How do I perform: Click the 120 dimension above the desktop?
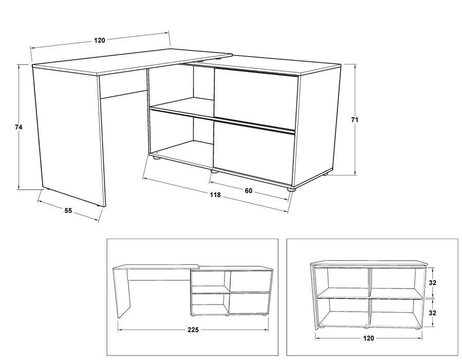(x=100, y=40)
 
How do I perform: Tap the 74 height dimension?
(x=19, y=128)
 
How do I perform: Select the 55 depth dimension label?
(x=68, y=210)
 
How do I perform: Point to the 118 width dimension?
(x=215, y=195)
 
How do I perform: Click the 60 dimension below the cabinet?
(x=249, y=191)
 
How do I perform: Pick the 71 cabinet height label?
(x=355, y=120)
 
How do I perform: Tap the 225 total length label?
(x=193, y=330)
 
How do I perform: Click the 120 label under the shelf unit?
(x=368, y=338)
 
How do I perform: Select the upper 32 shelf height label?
(x=432, y=283)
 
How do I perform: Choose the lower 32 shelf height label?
(x=432, y=313)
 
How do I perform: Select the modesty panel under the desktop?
(x=123, y=85)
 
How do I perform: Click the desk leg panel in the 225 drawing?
(x=122, y=292)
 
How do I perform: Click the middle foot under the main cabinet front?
(x=214, y=171)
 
